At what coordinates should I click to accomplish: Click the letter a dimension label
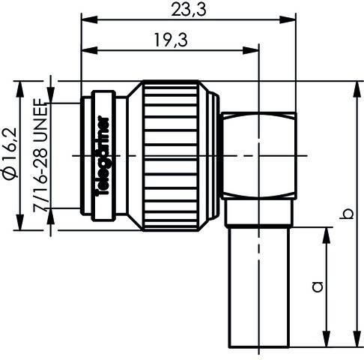(x=317, y=286)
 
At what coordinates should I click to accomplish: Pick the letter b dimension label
(x=345, y=216)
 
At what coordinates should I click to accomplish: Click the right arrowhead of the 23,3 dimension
(x=287, y=20)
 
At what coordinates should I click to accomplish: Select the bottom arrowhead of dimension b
(x=354, y=343)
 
